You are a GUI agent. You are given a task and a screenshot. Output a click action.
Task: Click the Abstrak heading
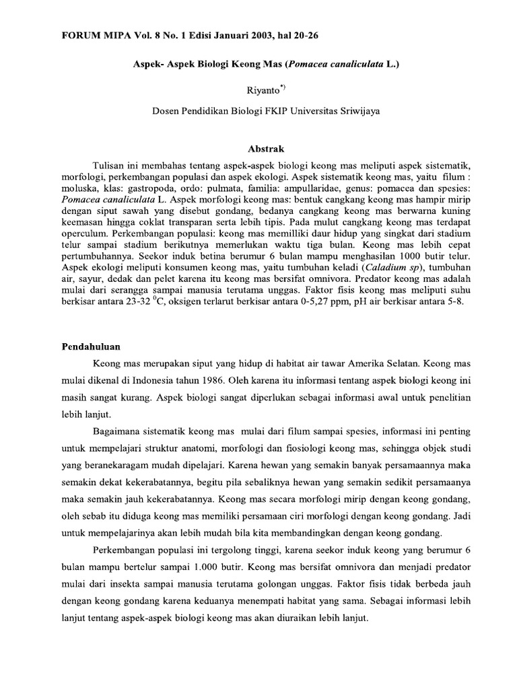click(258, 148)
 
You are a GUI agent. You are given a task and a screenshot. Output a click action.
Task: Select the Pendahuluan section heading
click(87, 347)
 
